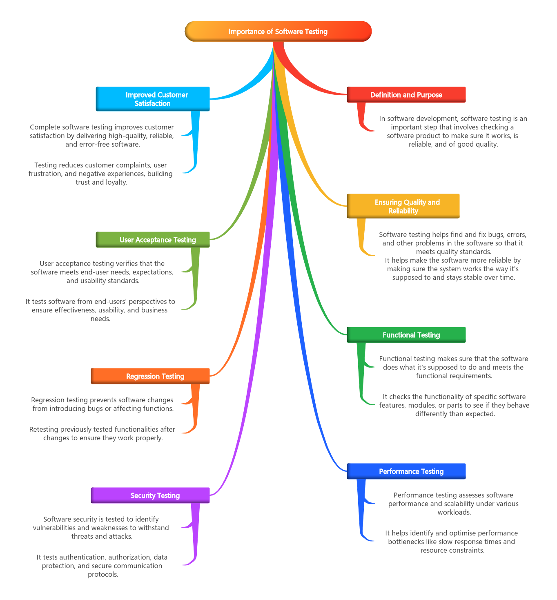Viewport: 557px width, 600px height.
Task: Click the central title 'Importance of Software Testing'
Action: pyautogui.click(x=278, y=31)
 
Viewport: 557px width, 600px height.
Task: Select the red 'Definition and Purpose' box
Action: pyautogui.click(x=406, y=95)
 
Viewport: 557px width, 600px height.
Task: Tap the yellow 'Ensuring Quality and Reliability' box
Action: pyautogui.click(x=403, y=206)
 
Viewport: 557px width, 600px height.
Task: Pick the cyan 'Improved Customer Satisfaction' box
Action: pyautogui.click(x=153, y=99)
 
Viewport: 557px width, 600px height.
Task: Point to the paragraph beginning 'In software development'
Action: pyautogui.click(x=453, y=132)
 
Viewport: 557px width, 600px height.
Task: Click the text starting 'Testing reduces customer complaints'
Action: pyautogui.click(x=101, y=174)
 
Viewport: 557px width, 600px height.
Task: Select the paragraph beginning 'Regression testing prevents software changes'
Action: pyautogui.click(x=102, y=404)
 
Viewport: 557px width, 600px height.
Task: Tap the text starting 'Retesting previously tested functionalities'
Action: pyautogui.click(x=102, y=434)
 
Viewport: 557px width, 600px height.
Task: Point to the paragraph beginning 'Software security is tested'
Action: pyautogui.click(x=101, y=528)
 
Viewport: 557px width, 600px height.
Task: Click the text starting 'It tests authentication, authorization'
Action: pyautogui.click(x=102, y=566)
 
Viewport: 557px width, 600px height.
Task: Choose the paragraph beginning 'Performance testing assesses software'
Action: pyautogui.click(x=453, y=504)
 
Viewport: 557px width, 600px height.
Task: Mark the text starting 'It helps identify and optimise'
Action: pyautogui.click(x=452, y=542)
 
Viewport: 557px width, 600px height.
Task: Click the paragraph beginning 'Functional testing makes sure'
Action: pyautogui.click(x=453, y=367)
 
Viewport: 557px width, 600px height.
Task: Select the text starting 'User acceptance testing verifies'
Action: pyautogui.click(x=102, y=272)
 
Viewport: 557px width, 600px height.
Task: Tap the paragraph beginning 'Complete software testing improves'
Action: pyautogui.click(x=102, y=136)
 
